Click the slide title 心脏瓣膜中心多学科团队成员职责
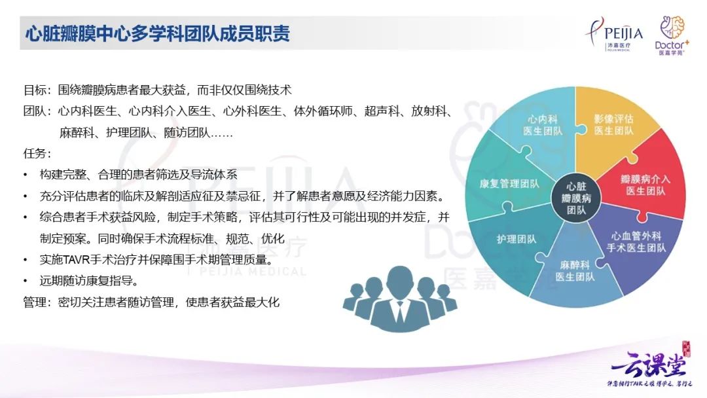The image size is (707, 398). tap(157, 33)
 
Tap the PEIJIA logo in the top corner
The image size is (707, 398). tap(613, 36)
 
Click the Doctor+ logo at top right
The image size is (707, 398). tap(670, 35)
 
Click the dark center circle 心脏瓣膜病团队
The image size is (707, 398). tap(577, 197)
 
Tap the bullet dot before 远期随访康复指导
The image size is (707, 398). tap(25, 281)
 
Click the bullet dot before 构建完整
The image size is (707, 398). tap(25, 175)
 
